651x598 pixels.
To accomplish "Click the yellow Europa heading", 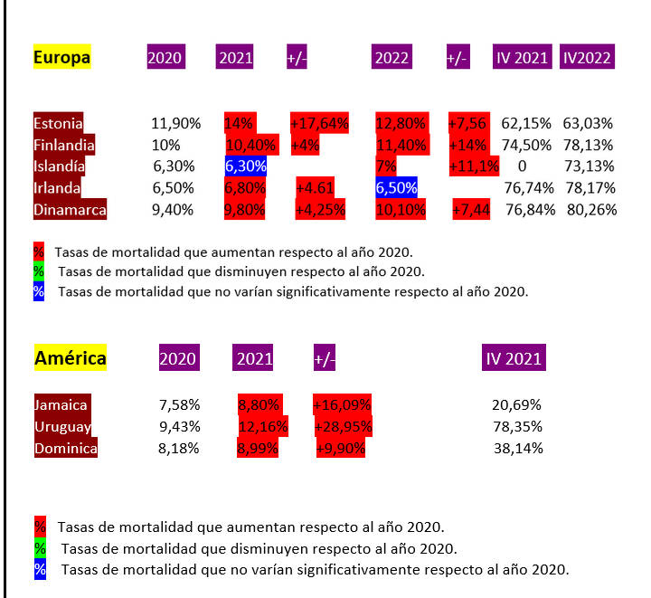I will point(61,58).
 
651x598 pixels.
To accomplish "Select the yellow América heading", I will point(70,358).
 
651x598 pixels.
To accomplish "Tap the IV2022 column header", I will point(586,58).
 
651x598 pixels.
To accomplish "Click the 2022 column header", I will point(392,58).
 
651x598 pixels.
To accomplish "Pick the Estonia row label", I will point(58,123).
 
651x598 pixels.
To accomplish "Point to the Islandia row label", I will point(60,166).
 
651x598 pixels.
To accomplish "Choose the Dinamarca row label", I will point(70,210).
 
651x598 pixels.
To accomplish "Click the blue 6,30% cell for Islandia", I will point(246,166).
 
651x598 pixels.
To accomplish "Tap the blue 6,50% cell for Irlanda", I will point(396,188).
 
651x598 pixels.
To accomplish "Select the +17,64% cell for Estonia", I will point(318,123).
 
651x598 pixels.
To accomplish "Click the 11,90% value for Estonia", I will point(175,123).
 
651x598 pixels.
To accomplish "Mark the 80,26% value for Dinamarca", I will point(590,210).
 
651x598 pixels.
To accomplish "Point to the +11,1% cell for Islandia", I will point(474,166).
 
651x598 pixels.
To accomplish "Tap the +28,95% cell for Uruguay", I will point(343,427).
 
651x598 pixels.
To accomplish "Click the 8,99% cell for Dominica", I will point(258,449).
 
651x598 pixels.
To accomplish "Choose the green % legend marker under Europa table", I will point(38,271).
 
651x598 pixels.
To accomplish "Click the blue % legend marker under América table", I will point(40,570).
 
